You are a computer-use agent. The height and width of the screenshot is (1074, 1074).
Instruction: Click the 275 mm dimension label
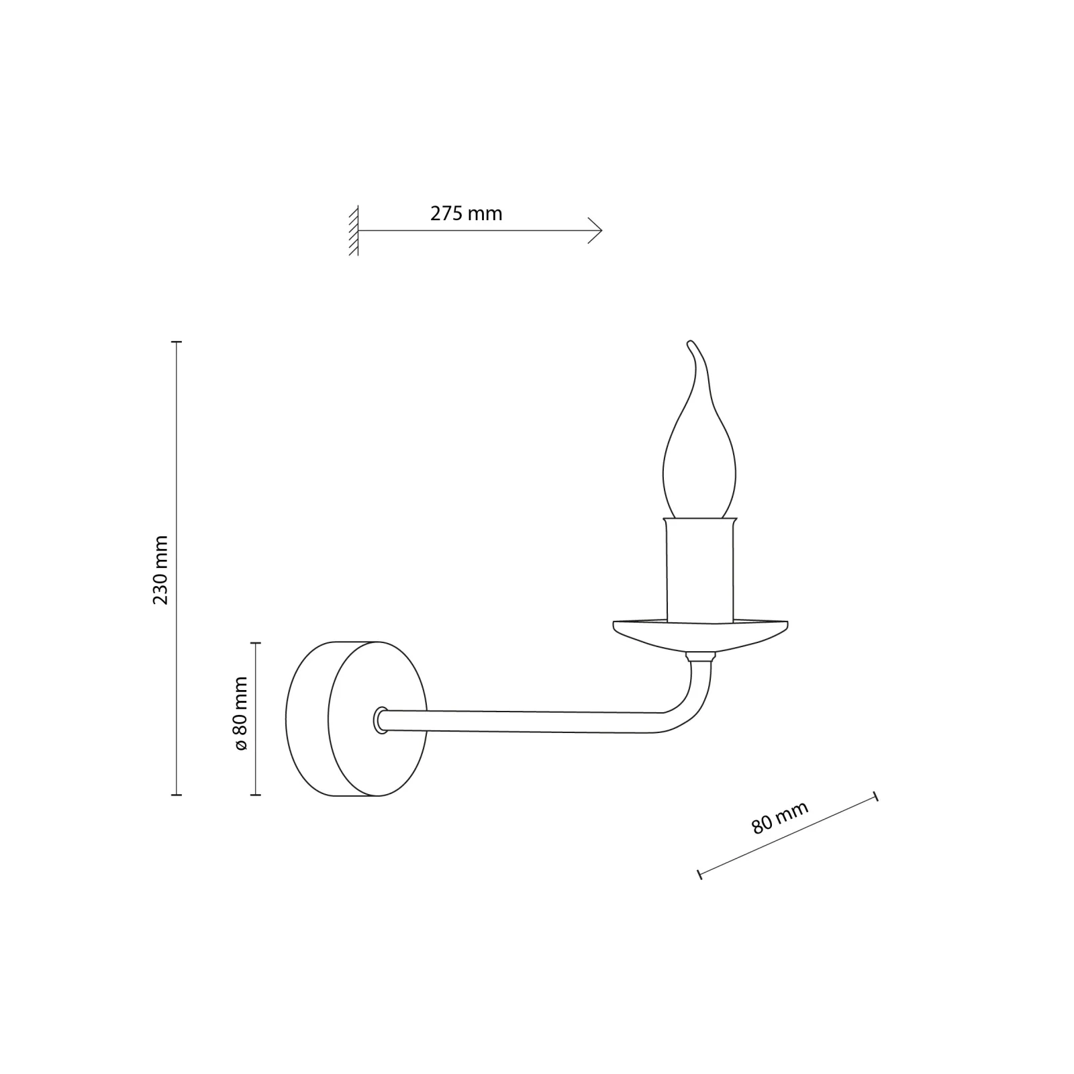click(466, 213)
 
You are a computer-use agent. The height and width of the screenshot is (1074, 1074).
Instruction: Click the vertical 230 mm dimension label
click(160, 570)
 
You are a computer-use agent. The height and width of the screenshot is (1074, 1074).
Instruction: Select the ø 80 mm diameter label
click(240, 714)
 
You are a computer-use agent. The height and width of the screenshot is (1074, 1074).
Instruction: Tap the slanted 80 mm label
click(779, 817)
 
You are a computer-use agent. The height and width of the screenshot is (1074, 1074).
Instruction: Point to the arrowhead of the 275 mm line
click(596, 230)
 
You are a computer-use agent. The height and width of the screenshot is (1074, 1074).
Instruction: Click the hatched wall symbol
click(354, 230)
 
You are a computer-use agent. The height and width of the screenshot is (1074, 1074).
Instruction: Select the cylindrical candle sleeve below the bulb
click(699, 570)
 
